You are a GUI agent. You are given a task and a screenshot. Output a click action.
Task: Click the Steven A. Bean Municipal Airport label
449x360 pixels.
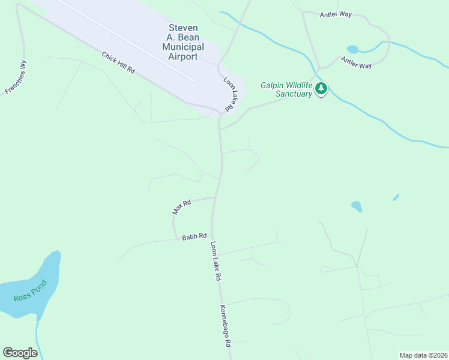click(183, 42)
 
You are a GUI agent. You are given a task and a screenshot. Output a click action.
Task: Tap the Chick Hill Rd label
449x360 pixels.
click(119, 62)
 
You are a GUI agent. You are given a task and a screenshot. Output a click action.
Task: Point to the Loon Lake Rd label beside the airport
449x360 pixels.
click(229, 94)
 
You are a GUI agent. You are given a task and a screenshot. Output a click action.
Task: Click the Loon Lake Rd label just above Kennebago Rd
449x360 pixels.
click(216, 262)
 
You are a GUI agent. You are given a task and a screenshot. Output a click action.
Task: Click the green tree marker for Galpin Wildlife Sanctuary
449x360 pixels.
click(322, 89)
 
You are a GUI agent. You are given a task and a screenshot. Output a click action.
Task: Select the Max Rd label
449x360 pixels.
click(181, 206)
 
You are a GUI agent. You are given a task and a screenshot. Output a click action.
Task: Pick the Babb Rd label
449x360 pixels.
click(194, 236)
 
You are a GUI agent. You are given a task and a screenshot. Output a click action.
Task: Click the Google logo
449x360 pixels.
click(20, 353)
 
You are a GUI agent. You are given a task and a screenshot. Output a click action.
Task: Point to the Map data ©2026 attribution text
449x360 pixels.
click(423, 355)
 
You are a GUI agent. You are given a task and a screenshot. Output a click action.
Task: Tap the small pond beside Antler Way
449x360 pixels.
click(352, 49)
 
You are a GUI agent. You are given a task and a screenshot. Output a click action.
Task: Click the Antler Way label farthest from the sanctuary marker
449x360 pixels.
click(337, 14)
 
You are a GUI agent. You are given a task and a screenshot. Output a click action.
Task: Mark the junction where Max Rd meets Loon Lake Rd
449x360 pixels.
click(215, 197)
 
